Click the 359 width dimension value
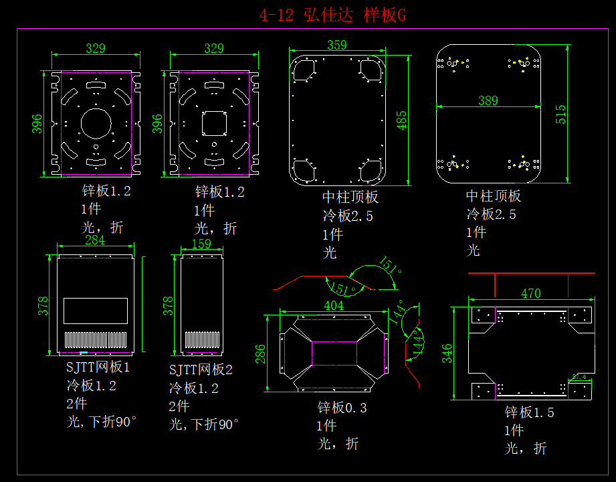click(337, 45)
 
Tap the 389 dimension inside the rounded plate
click(488, 100)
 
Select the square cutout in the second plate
click(214, 123)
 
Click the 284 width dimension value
click(94, 240)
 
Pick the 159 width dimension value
click(203, 244)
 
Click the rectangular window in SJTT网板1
click(96, 311)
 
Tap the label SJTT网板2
click(201, 370)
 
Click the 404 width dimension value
click(333, 306)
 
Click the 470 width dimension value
click(530, 293)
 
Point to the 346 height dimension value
click(447, 352)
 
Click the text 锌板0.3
click(342, 408)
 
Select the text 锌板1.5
click(529, 412)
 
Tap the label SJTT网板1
click(98, 368)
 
